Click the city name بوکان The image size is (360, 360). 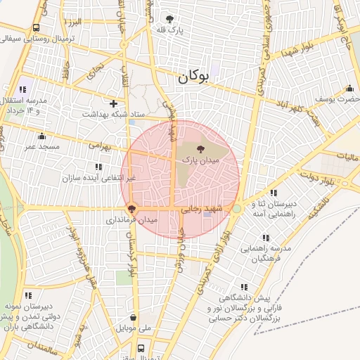(x=194, y=77)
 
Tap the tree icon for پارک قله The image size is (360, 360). (x=169, y=19)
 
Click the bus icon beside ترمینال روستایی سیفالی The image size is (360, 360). (x=36, y=28)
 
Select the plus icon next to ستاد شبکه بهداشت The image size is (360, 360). (x=113, y=103)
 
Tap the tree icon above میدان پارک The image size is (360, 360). (x=201, y=149)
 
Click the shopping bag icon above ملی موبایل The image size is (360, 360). (x=133, y=318)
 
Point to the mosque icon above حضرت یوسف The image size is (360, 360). (x=349, y=89)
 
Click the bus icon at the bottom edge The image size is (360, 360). (x=141, y=347)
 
